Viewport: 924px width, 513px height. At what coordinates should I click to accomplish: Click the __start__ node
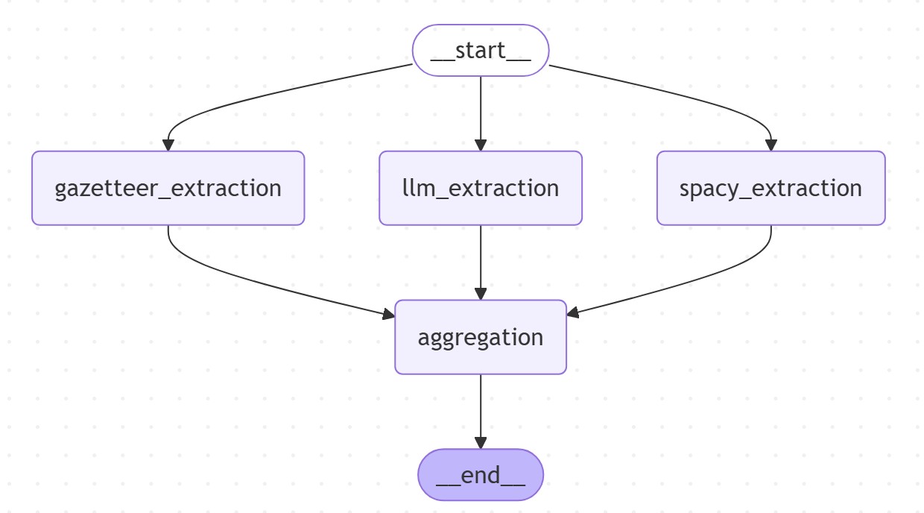click(481, 51)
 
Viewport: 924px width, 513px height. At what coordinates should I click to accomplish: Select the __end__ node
click(481, 475)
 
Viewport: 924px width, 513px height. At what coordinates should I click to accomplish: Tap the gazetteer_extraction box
click(168, 188)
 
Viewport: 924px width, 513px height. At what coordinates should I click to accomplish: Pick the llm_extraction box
click(481, 188)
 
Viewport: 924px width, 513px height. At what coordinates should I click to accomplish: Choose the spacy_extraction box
click(770, 188)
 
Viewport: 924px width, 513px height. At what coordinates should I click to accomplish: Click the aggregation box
click(481, 337)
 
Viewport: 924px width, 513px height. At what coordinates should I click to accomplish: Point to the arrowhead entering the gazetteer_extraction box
click(168, 145)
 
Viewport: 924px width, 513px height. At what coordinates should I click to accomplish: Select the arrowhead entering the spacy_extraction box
click(770, 145)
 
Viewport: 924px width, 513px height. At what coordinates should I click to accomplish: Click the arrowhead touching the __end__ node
click(481, 443)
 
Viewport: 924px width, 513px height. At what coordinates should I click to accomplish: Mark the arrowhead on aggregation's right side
click(573, 313)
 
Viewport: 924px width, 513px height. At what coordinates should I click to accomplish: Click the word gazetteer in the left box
click(107, 188)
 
